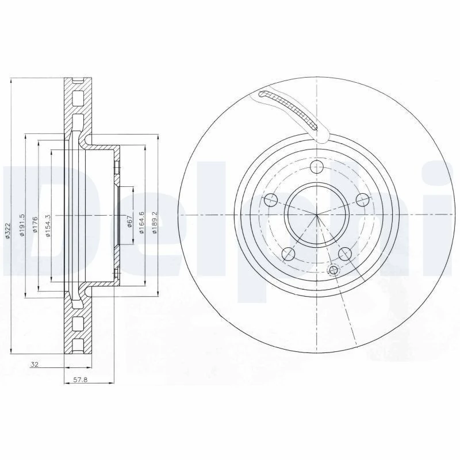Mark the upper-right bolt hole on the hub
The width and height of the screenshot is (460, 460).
pyautogui.click(x=362, y=200)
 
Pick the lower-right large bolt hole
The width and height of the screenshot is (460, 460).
pyautogui.click(x=345, y=253)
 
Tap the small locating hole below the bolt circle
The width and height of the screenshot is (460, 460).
pyautogui.click(x=332, y=270)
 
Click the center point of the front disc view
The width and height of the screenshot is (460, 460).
pyautogui.click(x=317, y=215)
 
